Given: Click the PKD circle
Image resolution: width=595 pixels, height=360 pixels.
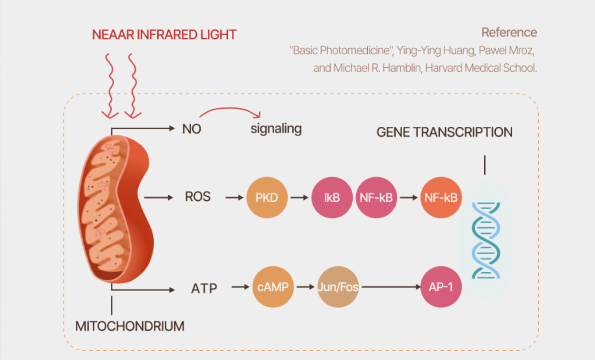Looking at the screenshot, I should click(x=267, y=197).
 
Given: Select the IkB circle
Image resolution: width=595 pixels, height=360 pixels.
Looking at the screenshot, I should click(x=332, y=197).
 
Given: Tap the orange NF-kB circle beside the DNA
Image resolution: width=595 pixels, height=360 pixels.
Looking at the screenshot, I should click(x=441, y=197).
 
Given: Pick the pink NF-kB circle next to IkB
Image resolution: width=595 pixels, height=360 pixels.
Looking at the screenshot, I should click(x=376, y=197).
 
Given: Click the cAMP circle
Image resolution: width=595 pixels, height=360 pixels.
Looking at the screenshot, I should click(x=273, y=287).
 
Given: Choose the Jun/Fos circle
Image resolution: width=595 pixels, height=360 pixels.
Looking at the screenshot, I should click(x=338, y=287).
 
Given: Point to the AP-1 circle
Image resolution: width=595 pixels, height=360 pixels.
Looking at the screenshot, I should click(x=441, y=287).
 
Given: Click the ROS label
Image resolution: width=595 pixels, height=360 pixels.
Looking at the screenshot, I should click(x=198, y=197).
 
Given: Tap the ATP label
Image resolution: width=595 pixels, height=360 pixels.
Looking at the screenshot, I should click(x=204, y=288).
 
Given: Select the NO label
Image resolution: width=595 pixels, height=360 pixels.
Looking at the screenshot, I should click(x=192, y=129).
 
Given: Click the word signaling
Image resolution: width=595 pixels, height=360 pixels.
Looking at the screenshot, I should click(x=276, y=129).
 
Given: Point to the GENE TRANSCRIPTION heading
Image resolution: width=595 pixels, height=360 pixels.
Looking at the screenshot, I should click(x=444, y=132).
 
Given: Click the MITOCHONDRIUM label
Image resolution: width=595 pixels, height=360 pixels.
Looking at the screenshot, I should click(x=130, y=326).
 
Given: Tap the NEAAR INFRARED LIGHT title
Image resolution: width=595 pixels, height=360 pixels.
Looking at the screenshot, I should click(x=164, y=35).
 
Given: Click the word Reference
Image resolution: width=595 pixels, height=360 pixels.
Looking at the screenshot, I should click(x=509, y=32).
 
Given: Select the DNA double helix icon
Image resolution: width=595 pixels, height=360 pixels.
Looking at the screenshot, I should click(x=486, y=240).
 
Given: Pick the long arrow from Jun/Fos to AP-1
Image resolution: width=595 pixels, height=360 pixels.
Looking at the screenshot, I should click(x=389, y=287).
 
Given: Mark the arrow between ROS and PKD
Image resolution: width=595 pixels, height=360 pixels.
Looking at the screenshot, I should click(x=234, y=197).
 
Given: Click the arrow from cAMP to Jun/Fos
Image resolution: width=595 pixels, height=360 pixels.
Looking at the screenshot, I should click(x=305, y=287).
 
